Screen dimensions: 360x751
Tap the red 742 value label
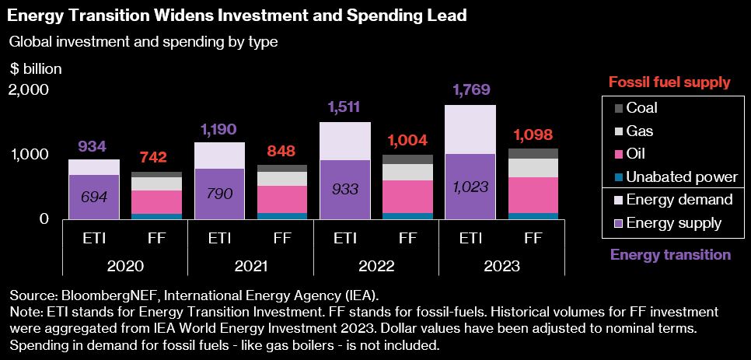tap(154, 157)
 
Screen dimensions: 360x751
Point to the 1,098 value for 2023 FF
tap(533, 135)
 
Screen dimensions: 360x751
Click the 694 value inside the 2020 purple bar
tap(93, 197)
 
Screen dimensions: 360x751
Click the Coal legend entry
tap(641, 108)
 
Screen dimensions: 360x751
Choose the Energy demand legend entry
tap(679, 200)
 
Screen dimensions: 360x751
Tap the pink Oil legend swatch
tap(619, 154)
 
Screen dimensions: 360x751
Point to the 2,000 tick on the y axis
tap(29, 89)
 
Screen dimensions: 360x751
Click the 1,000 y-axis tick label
tap(29, 155)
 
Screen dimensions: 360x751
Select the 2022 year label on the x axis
tap(375, 266)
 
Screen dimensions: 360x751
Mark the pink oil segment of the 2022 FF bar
tap(407, 197)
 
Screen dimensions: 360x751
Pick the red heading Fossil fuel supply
tap(669, 82)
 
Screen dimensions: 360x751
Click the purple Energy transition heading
tap(670, 254)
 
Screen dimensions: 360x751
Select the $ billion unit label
tap(36, 68)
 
